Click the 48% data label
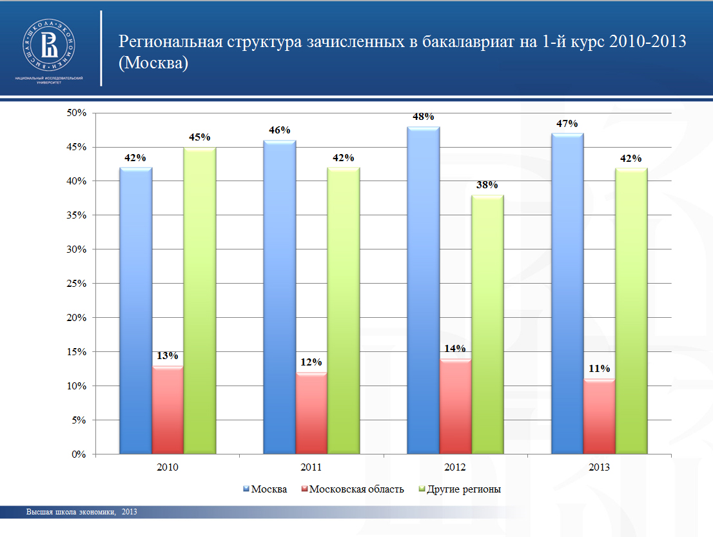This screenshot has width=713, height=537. point(424,117)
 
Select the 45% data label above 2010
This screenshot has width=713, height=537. point(200,137)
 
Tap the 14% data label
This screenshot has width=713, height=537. point(454,349)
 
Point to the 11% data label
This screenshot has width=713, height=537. point(599,369)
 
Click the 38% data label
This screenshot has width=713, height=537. point(487,185)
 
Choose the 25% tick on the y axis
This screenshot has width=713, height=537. point(77,284)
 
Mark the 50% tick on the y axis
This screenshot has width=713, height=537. point(77,113)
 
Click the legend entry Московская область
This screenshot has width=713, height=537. point(356,489)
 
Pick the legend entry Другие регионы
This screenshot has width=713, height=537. point(464,489)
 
